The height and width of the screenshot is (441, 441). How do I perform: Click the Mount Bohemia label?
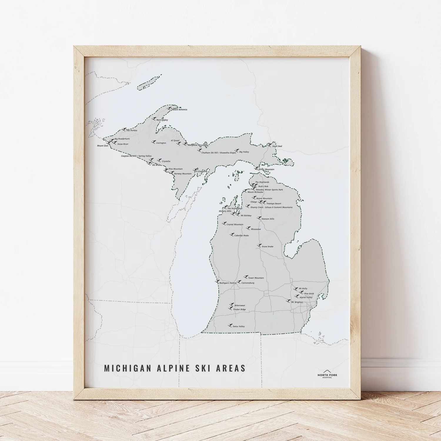(180, 110)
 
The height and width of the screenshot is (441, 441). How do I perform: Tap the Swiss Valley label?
(239, 327)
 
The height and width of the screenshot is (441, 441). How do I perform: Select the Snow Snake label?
(268, 247)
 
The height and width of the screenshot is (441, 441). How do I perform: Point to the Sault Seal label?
(277, 146)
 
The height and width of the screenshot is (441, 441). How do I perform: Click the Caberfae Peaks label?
(241, 236)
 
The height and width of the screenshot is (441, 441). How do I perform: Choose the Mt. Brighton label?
(297, 302)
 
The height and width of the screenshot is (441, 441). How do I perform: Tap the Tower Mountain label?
(256, 278)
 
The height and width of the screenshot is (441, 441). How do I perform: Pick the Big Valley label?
(244, 152)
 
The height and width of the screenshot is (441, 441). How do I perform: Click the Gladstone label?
(203, 171)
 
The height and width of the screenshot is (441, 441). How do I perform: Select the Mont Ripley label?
(162, 120)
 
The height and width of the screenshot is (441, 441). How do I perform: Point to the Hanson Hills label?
(268, 219)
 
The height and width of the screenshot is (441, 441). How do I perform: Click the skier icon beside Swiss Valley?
(230, 325)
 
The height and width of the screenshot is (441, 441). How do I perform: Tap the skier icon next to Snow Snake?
(259, 245)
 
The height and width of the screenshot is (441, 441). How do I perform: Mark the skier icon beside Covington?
(153, 142)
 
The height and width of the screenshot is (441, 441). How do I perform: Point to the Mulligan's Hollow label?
(228, 283)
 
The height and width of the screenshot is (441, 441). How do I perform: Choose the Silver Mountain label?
(266, 169)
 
